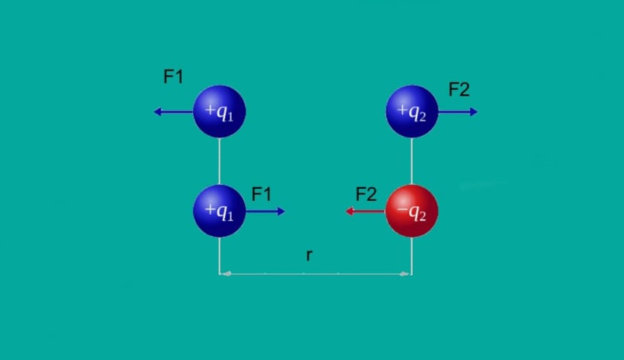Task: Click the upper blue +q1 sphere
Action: tap(219, 112)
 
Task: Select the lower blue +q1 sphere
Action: tap(219, 211)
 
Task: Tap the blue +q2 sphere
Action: tap(412, 112)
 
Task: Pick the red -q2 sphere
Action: tap(412, 211)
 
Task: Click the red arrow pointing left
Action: tap(365, 211)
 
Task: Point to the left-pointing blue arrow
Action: tap(173, 112)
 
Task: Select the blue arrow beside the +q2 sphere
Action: tap(457, 112)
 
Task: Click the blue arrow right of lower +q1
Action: tap(265, 211)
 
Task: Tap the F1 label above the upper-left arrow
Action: tap(173, 77)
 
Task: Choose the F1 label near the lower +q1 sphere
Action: tap(262, 194)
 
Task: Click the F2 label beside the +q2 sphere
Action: tap(459, 90)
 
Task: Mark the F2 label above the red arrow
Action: tap(366, 194)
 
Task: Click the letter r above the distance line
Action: tap(309, 255)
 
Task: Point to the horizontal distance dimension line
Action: tap(316, 274)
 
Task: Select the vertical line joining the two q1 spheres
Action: tap(219, 161)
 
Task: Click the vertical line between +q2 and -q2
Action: tap(412, 161)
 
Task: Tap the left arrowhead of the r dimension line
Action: tap(226, 274)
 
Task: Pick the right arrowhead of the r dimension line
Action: tap(405, 274)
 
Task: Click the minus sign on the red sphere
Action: tap(402, 210)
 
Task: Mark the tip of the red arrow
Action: tap(346, 211)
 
